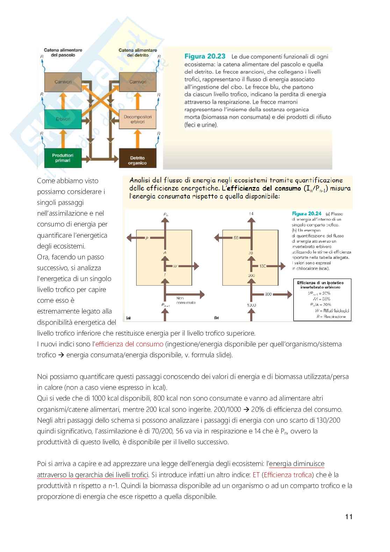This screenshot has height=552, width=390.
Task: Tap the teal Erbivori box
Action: [63, 119]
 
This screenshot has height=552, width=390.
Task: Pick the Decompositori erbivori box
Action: [137, 119]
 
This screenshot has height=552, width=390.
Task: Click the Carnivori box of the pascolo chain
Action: [63, 82]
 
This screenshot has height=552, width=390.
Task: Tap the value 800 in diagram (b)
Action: [268, 294]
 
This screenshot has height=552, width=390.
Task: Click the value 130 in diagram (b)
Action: [263, 266]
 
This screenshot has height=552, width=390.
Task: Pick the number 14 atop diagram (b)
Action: [251, 214]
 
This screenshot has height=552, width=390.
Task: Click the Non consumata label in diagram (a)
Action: [186, 300]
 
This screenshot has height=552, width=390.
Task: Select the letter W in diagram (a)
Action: [175, 266]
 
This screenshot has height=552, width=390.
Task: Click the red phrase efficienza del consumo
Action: [129, 344]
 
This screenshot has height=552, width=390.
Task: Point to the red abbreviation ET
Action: [256, 475]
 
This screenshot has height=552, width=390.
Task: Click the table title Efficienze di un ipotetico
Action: [320, 282]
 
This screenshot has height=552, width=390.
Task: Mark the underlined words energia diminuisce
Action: [297, 464]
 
